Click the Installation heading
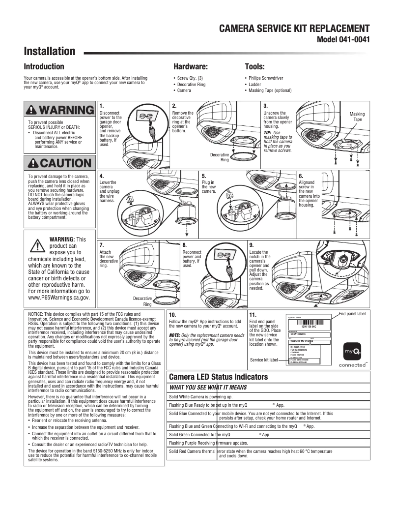coord(50,52)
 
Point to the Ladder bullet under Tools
coord(255,84)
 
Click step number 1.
coord(101,106)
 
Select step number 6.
coord(301,176)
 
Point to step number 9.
coord(252,244)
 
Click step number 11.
coord(253,314)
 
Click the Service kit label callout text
coord(264,360)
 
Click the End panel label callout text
coord(352,313)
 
